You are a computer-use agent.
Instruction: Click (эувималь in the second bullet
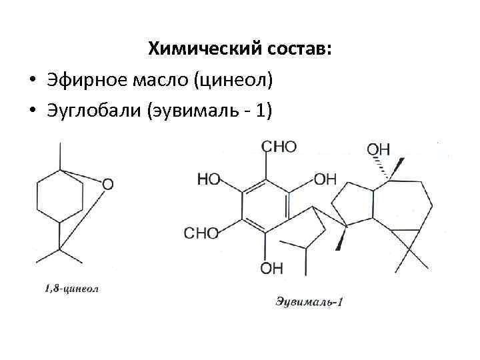coord(195,111)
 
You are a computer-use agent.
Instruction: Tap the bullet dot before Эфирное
coord(32,81)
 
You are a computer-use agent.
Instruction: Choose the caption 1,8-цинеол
coord(71,289)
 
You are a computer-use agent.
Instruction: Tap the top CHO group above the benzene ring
coord(279,147)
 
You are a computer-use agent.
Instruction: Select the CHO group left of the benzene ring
coord(201,233)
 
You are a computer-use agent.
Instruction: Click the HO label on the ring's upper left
coord(209,179)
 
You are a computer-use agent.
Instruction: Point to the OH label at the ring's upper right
coord(325,179)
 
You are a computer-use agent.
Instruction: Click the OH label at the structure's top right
coord(379,149)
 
